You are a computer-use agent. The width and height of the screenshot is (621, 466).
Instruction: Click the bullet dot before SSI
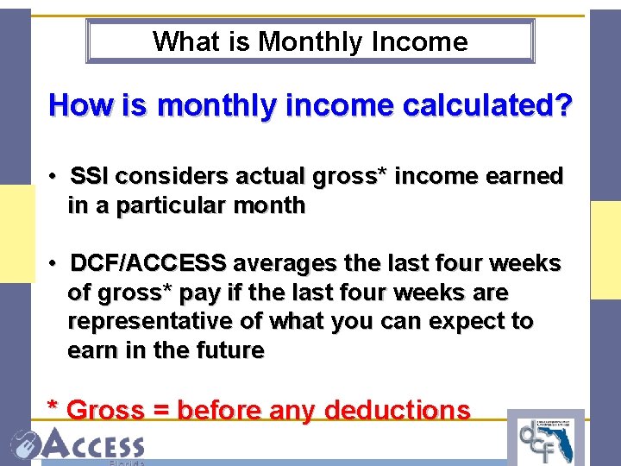point(53,177)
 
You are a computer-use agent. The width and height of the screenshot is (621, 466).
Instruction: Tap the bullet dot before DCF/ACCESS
point(53,263)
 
